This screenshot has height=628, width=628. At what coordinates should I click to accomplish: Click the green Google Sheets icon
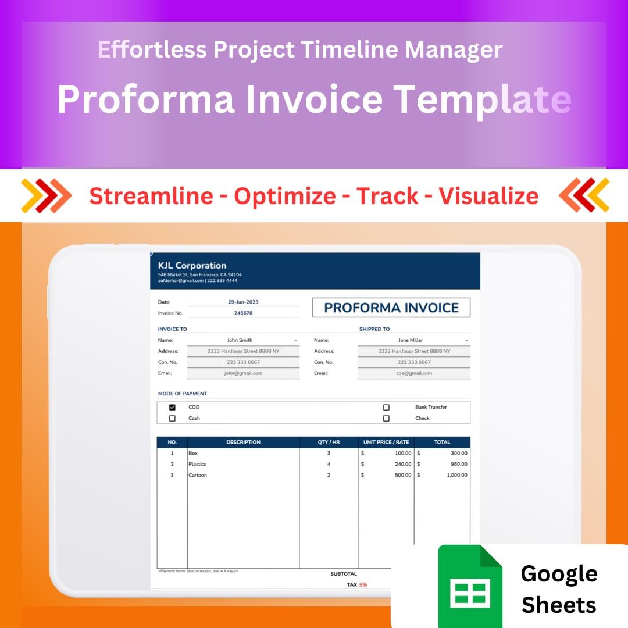tap(470, 585)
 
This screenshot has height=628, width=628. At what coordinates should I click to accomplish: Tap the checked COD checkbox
tap(172, 408)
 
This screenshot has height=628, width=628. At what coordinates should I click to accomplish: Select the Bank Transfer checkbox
tap(386, 408)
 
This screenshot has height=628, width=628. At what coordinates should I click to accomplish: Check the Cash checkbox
tap(172, 419)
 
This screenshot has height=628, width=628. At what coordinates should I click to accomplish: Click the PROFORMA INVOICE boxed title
tap(391, 308)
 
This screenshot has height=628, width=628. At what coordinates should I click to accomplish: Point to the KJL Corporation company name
tap(192, 266)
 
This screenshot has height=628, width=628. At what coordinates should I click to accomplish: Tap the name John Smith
tap(240, 340)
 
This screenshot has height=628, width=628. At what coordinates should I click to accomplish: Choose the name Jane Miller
tap(411, 340)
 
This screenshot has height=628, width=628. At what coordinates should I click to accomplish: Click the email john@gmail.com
tap(243, 373)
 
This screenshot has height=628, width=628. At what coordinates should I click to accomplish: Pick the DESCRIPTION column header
tap(243, 443)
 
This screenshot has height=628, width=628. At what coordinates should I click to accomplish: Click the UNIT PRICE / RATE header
tap(386, 443)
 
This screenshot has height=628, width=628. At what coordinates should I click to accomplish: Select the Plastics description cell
tap(197, 465)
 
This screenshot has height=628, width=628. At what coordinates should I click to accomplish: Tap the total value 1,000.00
tap(456, 476)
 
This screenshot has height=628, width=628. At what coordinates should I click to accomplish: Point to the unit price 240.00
tap(402, 465)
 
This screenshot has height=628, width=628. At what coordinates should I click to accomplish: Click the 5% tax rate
tap(363, 585)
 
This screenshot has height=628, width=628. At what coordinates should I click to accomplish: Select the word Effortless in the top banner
tap(152, 50)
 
